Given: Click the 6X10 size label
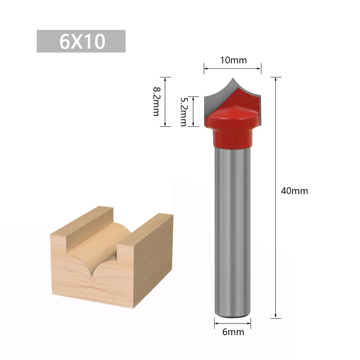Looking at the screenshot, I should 81,41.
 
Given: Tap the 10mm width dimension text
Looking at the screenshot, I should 233,60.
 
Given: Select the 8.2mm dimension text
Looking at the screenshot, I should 156,102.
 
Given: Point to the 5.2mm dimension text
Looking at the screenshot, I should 183,112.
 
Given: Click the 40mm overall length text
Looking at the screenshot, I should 294,191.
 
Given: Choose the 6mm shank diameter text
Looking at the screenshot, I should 233,333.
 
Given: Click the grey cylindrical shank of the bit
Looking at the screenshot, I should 232,225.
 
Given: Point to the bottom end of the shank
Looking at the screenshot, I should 232,313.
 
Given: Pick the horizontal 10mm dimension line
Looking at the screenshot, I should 233,69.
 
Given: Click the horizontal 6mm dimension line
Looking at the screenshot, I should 233,323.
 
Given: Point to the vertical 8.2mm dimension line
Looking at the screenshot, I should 166,102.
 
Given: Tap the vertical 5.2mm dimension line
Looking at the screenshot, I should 193,112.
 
